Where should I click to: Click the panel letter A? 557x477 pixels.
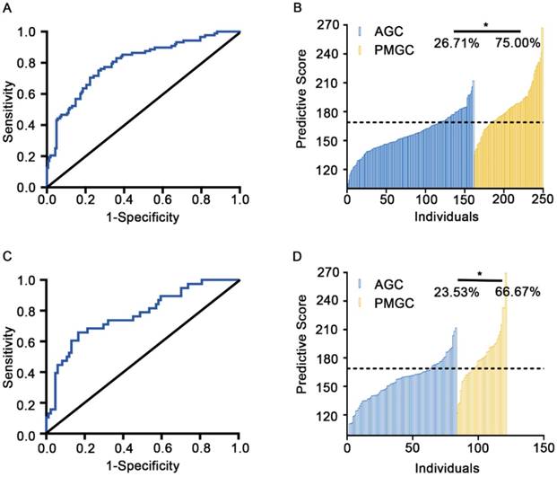pyautogui.click(x=7, y=9)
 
